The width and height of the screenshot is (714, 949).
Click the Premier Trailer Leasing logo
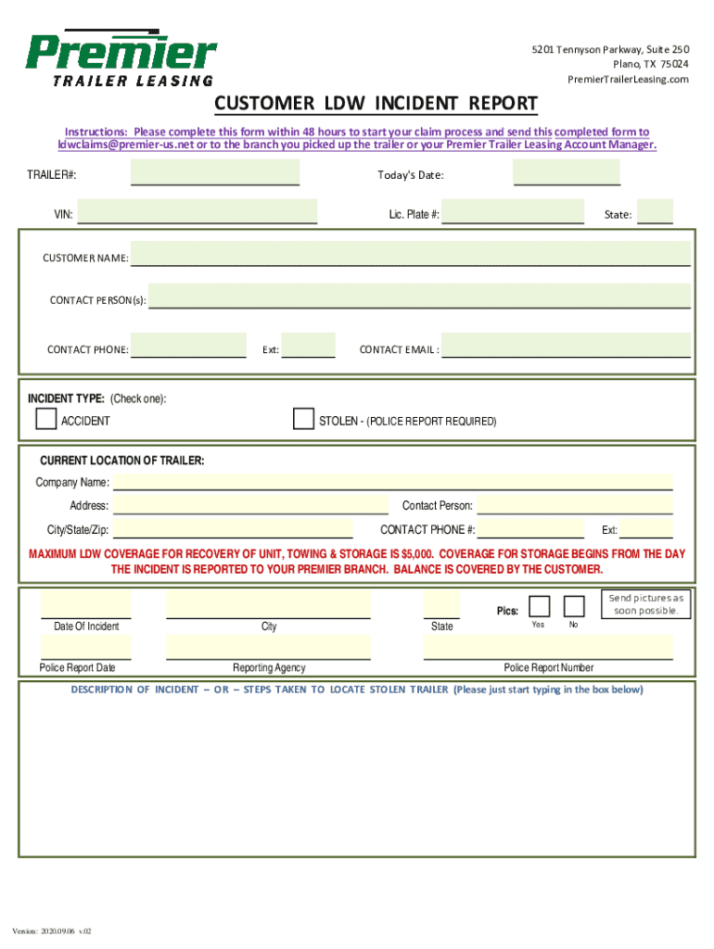(x=121, y=57)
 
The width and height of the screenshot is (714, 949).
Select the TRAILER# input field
(x=215, y=172)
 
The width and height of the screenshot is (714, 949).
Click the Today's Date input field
(x=567, y=172)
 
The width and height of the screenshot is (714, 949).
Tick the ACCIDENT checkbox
(x=45, y=419)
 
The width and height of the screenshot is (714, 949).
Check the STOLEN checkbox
(x=303, y=419)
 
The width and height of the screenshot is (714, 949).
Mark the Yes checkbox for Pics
(x=539, y=606)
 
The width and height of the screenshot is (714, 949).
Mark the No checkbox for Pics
(x=574, y=606)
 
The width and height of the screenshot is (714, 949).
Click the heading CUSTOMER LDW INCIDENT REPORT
(x=376, y=102)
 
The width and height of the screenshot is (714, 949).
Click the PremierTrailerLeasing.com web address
(x=628, y=80)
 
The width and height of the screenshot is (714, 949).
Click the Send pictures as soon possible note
(x=646, y=604)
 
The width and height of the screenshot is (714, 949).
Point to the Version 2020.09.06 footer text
(x=53, y=930)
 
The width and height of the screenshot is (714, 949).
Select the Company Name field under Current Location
(x=392, y=481)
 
